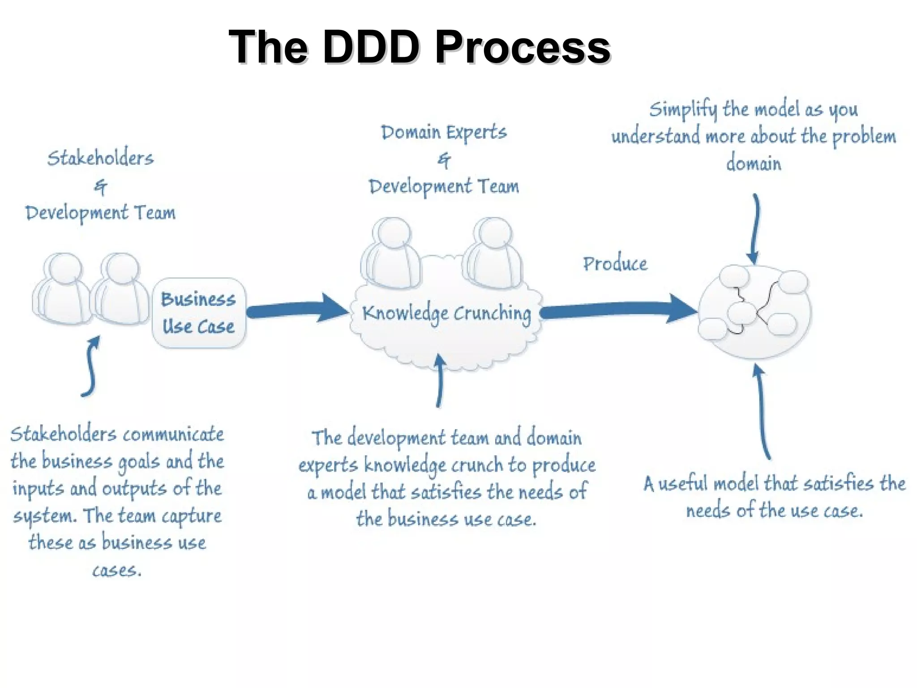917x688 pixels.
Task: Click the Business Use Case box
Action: click(198, 313)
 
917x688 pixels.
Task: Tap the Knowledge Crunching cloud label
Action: click(446, 313)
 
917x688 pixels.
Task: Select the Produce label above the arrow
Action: click(615, 264)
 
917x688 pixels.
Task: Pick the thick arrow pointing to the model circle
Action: click(618, 309)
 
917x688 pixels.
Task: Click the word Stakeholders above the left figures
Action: click(100, 158)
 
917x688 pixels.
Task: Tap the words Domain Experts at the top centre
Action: click(443, 133)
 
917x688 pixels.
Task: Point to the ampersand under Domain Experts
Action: click(444, 160)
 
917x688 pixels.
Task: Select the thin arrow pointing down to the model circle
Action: click(755, 228)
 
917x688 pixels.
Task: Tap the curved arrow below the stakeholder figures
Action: click(92, 367)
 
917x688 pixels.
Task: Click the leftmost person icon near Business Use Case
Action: click(63, 289)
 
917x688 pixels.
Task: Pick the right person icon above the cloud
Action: click(493, 253)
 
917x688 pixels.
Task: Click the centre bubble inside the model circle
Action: click(741, 313)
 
